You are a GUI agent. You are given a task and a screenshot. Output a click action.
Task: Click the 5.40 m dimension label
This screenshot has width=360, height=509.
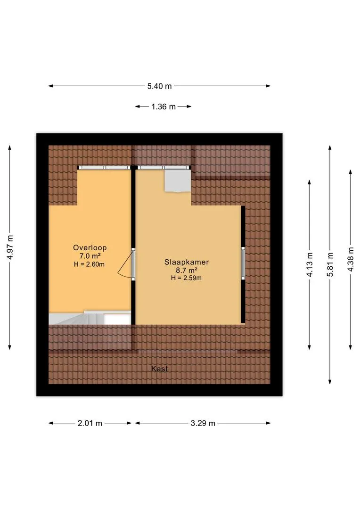(159, 86)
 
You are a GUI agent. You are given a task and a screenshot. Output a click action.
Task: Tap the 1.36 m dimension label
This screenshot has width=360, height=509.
(164, 107)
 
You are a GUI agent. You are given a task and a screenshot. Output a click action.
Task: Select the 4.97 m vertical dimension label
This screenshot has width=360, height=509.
(10, 247)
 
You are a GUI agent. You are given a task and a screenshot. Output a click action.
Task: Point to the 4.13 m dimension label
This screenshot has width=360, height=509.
(310, 264)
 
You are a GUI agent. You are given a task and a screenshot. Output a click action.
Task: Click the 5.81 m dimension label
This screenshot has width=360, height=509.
(330, 264)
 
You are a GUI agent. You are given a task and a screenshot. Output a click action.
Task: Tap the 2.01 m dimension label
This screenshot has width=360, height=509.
(90, 423)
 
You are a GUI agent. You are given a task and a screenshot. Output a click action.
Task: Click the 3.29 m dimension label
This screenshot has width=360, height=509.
(203, 423)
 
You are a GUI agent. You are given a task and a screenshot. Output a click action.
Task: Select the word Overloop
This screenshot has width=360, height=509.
(90, 248)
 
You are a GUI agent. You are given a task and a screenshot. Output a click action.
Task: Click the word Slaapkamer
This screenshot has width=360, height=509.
(186, 262)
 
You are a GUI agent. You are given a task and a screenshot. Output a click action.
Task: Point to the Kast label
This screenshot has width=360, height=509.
(159, 369)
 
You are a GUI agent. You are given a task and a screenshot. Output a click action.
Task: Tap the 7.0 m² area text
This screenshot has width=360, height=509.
(90, 256)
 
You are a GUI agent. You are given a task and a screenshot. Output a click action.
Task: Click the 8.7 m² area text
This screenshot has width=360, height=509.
(187, 270)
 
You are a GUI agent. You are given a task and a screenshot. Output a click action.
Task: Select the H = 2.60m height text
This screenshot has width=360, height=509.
(89, 264)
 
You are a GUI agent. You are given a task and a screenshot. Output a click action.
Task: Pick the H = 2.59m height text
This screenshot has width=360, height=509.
(186, 278)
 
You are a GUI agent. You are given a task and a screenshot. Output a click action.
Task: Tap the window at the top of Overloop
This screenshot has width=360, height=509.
(104, 167)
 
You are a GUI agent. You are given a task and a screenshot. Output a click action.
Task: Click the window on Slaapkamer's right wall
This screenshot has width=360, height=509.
(243, 263)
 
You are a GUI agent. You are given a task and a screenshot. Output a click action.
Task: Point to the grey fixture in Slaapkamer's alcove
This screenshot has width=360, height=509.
(178, 181)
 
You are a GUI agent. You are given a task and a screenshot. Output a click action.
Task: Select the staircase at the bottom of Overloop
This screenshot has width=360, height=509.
(90, 318)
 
